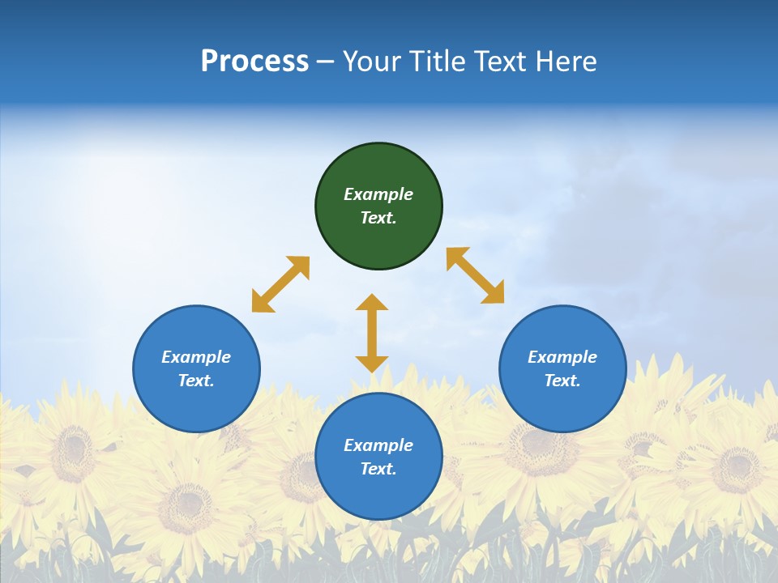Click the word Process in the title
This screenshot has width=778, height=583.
click(254, 62)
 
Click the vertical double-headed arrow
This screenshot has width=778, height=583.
click(372, 333)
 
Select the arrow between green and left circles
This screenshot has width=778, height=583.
click(280, 284)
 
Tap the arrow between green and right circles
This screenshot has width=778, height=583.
click(476, 275)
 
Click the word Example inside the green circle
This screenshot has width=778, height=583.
click(378, 194)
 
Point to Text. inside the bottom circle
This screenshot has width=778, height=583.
click(378, 469)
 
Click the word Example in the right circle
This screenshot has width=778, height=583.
click(562, 357)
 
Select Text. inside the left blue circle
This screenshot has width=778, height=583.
click(196, 381)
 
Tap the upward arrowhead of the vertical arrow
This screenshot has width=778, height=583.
click(372, 302)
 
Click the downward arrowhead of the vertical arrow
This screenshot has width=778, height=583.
click(372, 364)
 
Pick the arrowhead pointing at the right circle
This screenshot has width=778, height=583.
click(494, 294)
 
